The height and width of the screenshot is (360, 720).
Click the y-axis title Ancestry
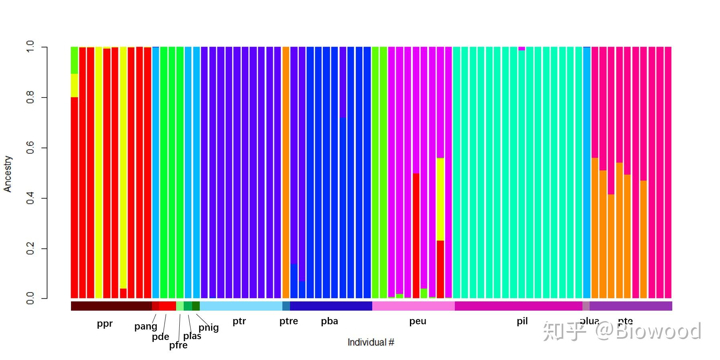(x=8, y=174)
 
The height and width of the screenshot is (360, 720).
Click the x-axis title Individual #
(x=371, y=342)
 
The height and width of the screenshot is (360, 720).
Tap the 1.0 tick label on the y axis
(x=30, y=47)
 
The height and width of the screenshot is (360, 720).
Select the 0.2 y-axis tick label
(x=30, y=249)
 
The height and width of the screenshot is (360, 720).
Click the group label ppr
(x=105, y=323)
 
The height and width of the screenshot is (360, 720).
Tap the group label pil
(x=522, y=321)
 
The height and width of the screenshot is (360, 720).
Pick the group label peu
(x=418, y=321)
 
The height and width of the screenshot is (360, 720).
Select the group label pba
(x=329, y=321)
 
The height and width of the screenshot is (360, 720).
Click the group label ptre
(x=289, y=321)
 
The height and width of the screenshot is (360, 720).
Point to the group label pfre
(x=178, y=345)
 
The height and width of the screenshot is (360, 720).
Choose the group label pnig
(x=209, y=327)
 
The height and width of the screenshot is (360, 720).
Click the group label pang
(x=146, y=326)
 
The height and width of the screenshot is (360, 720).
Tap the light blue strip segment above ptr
(x=241, y=306)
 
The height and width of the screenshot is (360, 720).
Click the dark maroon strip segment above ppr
(x=111, y=306)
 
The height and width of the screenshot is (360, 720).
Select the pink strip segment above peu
(x=413, y=306)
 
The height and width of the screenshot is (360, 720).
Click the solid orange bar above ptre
(x=286, y=173)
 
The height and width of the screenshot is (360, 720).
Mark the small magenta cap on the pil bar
(x=521, y=49)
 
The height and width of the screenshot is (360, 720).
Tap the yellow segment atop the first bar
(x=75, y=85)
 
